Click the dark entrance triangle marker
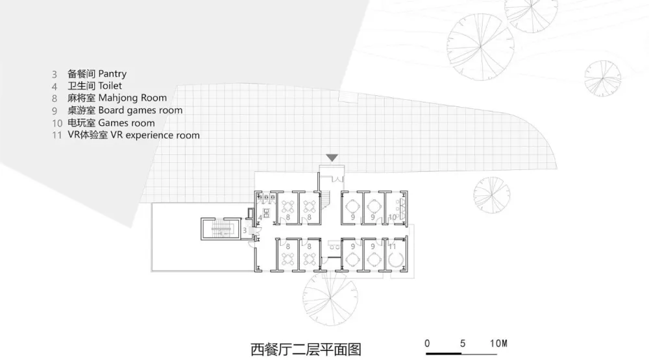(332, 158)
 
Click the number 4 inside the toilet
(260, 217)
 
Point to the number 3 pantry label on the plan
(245, 230)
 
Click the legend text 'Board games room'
(140, 110)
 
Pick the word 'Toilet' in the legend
(110, 86)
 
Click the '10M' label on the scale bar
(498, 342)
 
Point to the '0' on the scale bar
(427, 342)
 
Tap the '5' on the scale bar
(463, 342)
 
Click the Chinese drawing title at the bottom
(305, 350)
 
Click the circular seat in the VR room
(395, 259)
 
